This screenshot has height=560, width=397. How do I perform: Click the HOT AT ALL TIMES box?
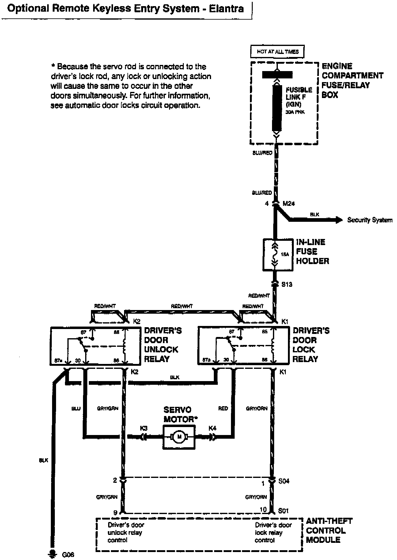coord(278,52)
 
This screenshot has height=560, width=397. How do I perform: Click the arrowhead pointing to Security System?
coord(339,220)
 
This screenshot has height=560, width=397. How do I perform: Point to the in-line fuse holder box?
coord(278,255)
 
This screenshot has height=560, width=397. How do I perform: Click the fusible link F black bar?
coord(277,108)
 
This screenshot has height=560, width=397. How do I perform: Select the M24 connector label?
coord(289,204)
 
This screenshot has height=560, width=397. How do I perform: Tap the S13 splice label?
coord(287,284)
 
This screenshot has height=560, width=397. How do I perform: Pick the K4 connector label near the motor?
coord(212,428)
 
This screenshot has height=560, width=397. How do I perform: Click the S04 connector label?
coord(284,481)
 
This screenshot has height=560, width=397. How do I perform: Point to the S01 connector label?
coord(283,511)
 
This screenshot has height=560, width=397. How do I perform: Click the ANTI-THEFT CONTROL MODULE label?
coord(329,531)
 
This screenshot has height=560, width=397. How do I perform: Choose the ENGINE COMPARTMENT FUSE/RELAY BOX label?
coord(352,80)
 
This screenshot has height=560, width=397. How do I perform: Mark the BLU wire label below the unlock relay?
coord(76,408)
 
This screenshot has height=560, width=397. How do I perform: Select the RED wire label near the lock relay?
coord(223,408)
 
